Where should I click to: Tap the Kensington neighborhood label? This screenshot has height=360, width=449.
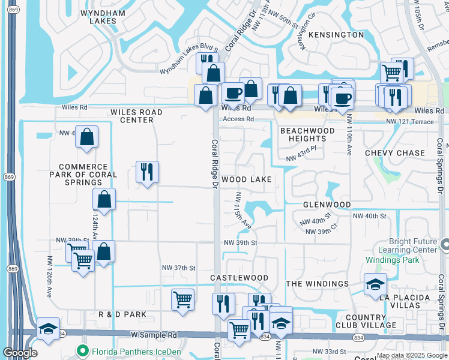[x=336, y=35]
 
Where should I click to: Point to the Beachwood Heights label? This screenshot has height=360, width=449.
[x=307, y=134]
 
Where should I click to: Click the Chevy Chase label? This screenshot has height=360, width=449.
[x=395, y=153]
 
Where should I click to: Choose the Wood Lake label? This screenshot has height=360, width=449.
[x=246, y=179]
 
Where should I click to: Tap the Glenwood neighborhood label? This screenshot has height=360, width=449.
[x=327, y=205]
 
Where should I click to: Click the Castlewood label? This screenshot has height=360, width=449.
[x=239, y=278]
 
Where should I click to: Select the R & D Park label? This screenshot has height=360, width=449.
[x=122, y=314]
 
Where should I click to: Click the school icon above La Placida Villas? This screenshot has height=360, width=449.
[x=375, y=284]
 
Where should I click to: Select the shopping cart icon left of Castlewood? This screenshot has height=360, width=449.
[x=182, y=299]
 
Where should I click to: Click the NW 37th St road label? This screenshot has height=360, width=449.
[x=179, y=267]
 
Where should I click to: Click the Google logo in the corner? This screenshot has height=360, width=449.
[x=20, y=353]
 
